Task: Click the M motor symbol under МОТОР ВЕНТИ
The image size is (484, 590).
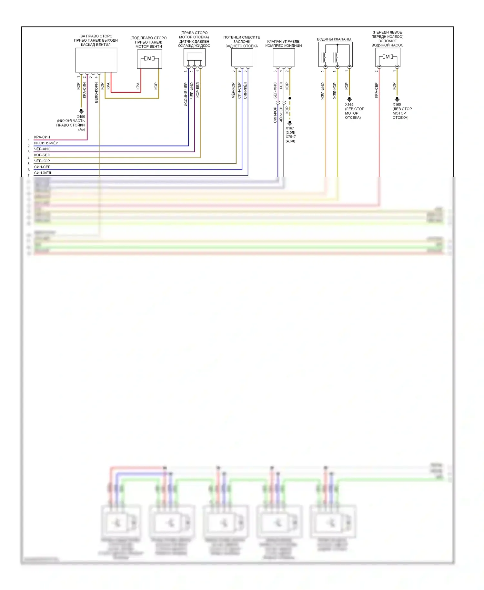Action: click(x=149, y=58)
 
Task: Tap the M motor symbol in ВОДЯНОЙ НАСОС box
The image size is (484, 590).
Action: click(x=388, y=57)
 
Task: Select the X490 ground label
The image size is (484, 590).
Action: click(x=81, y=117)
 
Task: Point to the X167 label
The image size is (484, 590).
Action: click(x=290, y=128)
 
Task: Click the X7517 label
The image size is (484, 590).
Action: click(x=291, y=137)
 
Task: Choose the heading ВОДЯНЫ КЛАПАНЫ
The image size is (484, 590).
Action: click(x=334, y=39)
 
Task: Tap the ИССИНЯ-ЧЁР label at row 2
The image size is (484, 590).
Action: click(x=46, y=143)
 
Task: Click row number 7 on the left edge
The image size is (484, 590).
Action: click(x=28, y=176)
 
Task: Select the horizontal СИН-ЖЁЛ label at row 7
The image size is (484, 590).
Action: click(x=43, y=173)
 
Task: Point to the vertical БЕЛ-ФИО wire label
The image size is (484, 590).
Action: click(x=275, y=90)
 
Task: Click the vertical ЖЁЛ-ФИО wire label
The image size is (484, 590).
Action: click(x=322, y=91)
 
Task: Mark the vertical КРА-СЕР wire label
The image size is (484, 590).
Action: click(x=376, y=90)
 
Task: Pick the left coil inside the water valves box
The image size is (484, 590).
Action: click(x=324, y=57)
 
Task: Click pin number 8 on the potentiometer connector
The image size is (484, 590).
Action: click(x=245, y=71)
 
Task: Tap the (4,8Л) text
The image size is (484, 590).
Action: click(x=290, y=141)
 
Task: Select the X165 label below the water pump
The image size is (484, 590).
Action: click(x=397, y=105)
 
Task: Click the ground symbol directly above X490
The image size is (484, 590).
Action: click(x=81, y=111)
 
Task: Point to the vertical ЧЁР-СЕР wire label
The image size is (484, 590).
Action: click(x=281, y=115)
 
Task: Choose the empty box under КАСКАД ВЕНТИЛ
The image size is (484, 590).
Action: click(x=96, y=60)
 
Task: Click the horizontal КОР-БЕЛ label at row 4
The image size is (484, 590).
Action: click(x=42, y=155)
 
